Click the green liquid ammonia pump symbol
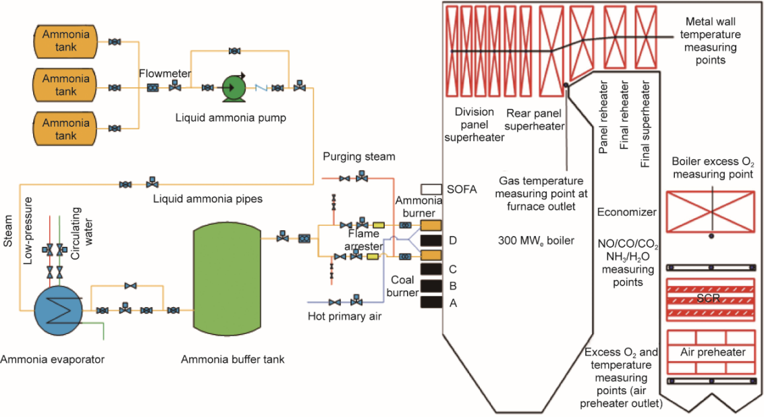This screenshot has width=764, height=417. pos(234,88)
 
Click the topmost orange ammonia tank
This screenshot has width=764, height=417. pos(65,42)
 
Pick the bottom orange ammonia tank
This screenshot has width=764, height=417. pos(65,129)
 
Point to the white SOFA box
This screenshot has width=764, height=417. pos(431,189)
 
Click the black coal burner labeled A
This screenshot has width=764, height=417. pos(431,302)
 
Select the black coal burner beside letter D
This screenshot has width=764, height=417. pos(431,240)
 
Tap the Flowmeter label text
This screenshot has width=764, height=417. pos(165,74)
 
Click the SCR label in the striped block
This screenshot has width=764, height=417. pos(708,298)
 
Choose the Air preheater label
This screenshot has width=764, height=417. pos(713,352)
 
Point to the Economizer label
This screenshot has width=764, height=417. pos(626,212)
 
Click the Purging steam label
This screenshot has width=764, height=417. pos(359,157)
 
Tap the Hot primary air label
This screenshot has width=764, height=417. pos(344,316)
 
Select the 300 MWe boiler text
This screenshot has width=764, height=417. pos(536,241)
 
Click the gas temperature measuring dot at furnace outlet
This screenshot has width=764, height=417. pos(566,85)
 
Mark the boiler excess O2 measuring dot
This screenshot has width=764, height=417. pos(711,236)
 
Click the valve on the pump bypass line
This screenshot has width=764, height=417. pos(234,51)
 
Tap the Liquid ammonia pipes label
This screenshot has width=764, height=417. pos(208,199)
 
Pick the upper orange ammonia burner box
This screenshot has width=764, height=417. pos(431,225)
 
